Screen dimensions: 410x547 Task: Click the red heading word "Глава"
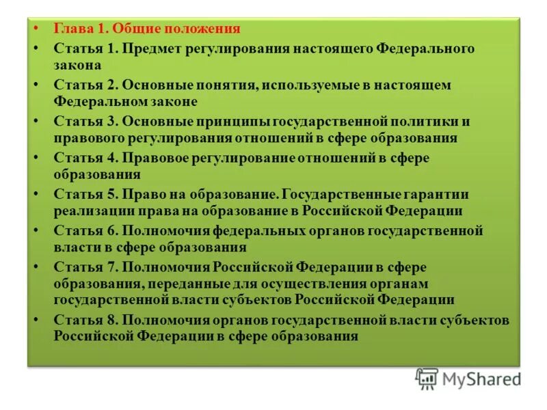70,29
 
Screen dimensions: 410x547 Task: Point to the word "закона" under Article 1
77,66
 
